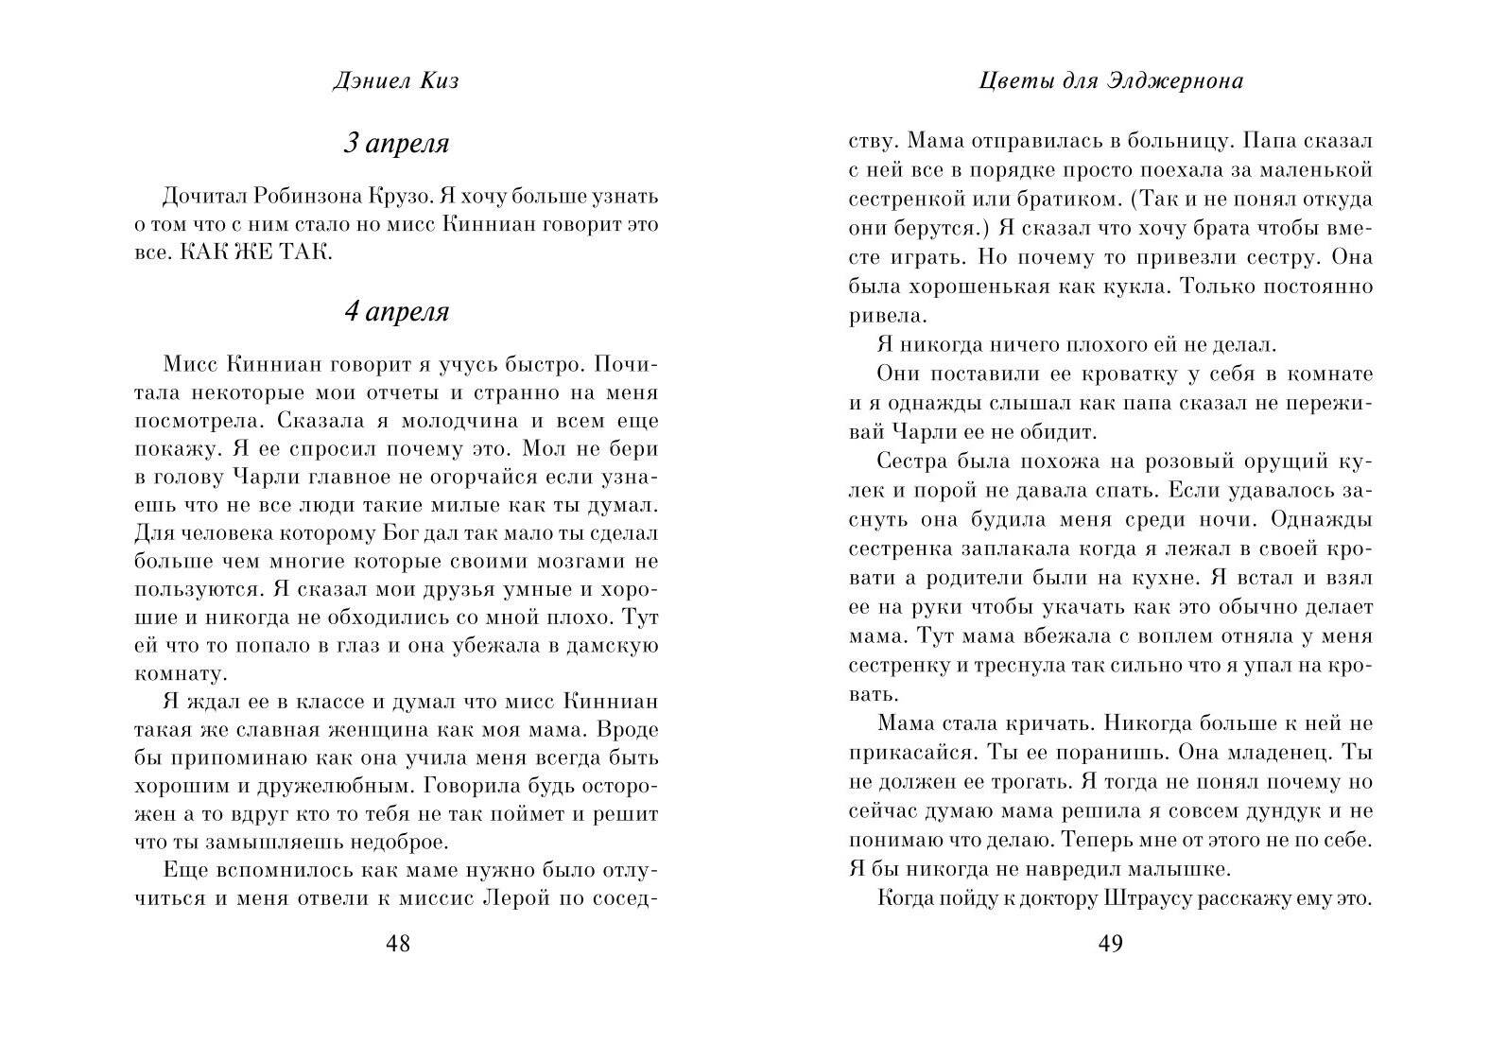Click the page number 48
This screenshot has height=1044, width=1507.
(x=398, y=944)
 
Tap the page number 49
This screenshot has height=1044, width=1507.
(x=1110, y=944)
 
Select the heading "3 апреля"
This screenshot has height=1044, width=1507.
(x=395, y=144)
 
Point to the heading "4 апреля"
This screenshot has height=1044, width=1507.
(x=395, y=312)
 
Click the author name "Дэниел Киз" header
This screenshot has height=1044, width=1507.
(x=396, y=81)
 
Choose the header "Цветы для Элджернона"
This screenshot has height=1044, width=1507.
(x=1111, y=81)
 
